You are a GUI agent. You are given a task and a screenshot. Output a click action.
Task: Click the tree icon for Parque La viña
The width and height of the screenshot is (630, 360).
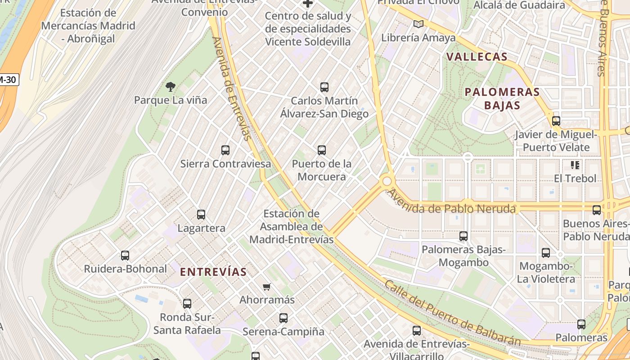(170, 86)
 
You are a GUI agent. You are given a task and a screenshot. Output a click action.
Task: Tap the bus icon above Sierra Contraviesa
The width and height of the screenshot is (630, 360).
(225, 150)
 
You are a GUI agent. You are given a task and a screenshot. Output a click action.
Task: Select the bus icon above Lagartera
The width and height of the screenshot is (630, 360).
(201, 215)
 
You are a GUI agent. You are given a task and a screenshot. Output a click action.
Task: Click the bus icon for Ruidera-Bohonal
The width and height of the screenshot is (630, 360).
(125, 256)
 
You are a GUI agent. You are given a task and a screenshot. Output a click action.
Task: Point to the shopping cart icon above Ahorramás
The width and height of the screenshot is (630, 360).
(267, 287)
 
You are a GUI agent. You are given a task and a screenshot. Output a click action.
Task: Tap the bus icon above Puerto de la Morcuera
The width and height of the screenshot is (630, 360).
(321, 150)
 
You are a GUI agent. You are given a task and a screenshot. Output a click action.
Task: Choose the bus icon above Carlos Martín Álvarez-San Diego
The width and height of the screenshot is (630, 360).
(324, 87)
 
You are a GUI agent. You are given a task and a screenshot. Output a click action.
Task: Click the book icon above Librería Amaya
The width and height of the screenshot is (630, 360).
(418, 24)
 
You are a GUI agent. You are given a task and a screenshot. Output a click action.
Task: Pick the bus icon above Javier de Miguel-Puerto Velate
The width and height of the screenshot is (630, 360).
(556, 121)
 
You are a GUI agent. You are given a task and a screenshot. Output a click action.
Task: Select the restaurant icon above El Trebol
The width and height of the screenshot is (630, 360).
(575, 165)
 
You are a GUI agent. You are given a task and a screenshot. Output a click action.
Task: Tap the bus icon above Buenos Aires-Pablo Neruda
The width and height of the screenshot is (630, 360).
(597, 210)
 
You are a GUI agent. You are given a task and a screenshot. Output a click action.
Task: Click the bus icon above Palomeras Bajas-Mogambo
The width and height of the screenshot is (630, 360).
(463, 236)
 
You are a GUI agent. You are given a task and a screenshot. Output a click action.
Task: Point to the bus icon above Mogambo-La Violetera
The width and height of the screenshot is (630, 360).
(546, 253)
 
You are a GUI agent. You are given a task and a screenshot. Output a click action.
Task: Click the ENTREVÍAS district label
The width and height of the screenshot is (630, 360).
(213, 272)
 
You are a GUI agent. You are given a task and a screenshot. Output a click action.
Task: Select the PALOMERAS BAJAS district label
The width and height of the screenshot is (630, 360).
(502, 99)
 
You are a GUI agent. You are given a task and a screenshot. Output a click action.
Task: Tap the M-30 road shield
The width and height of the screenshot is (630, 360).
(8, 80)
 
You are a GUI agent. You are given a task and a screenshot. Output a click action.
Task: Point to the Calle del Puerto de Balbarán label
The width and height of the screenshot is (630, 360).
(452, 313)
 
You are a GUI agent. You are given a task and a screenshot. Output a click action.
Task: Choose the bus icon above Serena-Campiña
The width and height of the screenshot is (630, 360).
(283, 318)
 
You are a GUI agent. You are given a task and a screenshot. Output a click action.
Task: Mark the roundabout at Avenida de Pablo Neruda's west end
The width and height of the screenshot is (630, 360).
(387, 181)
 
